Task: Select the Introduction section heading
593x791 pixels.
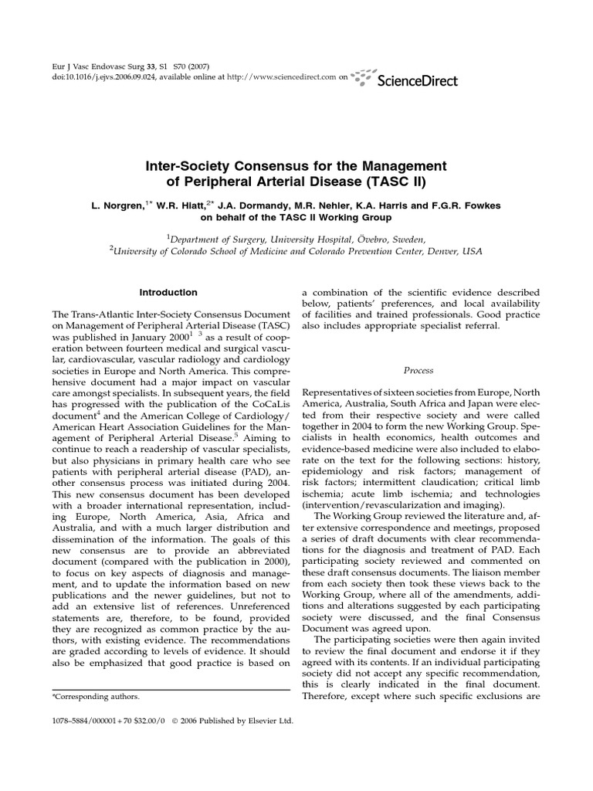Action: point(168,293)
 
